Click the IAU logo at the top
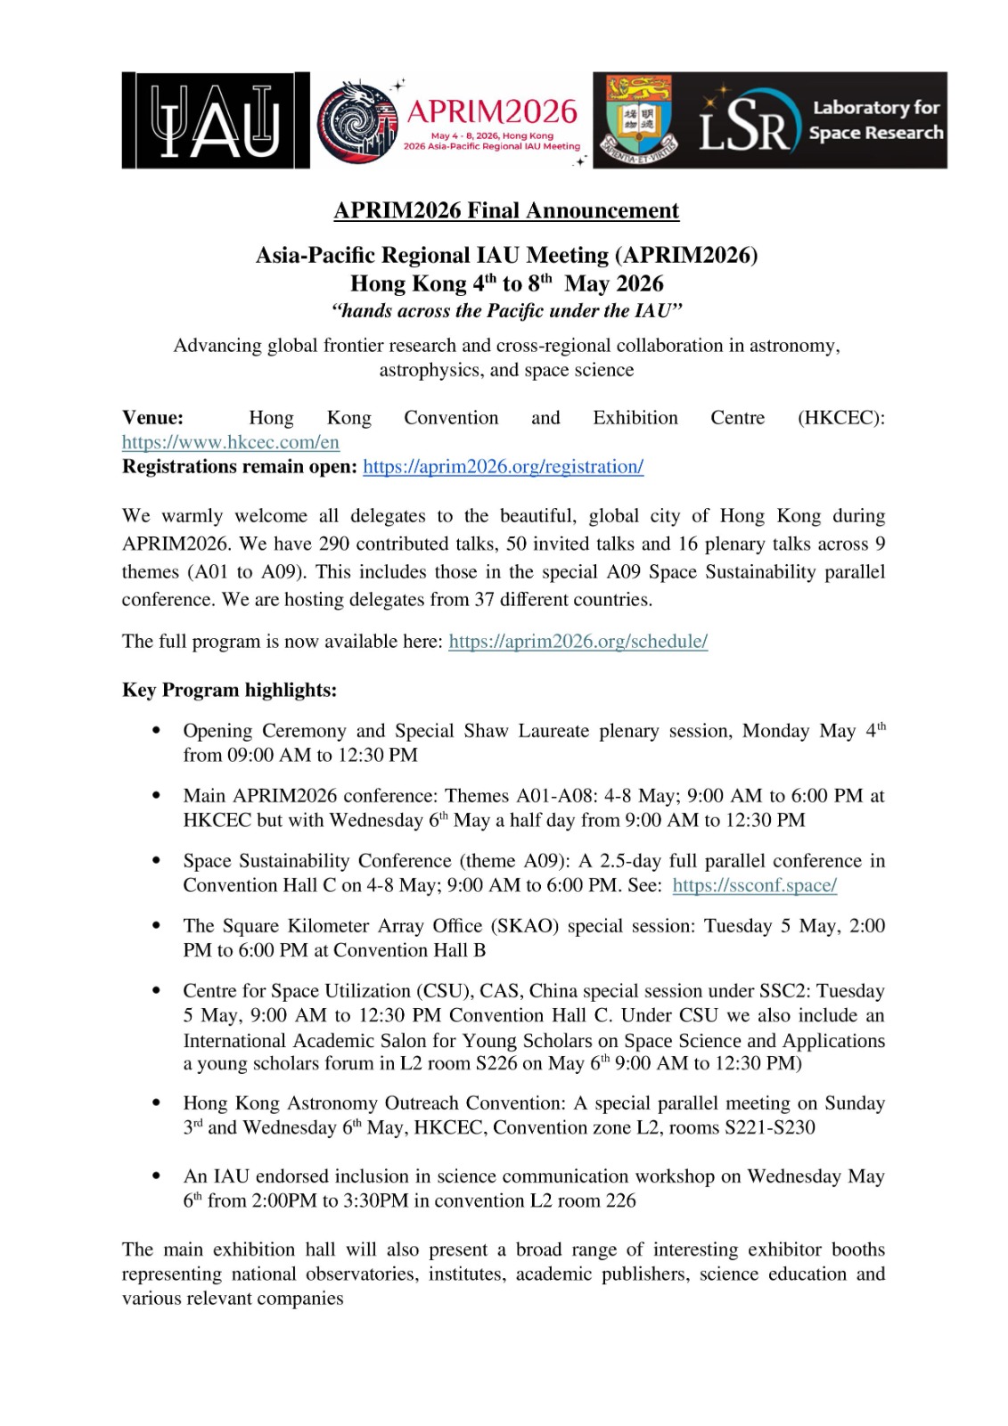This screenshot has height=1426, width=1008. pyautogui.click(x=215, y=120)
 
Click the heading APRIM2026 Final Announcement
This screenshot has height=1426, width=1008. pyautogui.click(x=505, y=210)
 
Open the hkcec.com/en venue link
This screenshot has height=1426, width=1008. pyautogui.click(x=231, y=442)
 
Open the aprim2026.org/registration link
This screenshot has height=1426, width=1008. pyautogui.click(x=503, y=466)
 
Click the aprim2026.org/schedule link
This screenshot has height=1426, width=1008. pyautogui.click(x=578, y=641)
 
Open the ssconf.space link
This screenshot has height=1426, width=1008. pyautogui.click(x=754, y=885)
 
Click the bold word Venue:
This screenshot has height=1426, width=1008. pyautogui.click(x=152, y=418)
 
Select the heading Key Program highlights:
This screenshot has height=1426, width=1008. pyautogui.click(x=229, y=690)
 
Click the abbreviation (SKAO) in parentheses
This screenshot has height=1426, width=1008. pyautogui.click(x=525, y=926)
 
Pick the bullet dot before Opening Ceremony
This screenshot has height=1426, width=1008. pyautogui.click(x=157, y=731)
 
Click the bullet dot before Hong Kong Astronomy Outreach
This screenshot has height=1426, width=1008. pyautogui.click(x=157, y=1103)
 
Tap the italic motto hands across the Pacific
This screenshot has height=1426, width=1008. pyautogui.click(x=506, y=311)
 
